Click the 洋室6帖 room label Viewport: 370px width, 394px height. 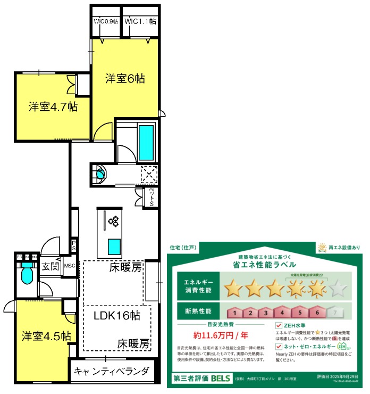point(125,79)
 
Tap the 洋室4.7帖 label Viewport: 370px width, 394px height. point(53,107)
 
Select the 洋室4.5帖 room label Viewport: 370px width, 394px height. point(46,336)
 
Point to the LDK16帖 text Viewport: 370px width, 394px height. point(117,315)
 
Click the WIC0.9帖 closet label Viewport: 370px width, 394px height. point(105,22)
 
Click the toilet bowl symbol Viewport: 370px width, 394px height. point(27,276)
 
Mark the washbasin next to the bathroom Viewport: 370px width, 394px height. point(99,173)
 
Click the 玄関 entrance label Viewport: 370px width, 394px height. point(51,266)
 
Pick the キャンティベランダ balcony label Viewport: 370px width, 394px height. point(112,371)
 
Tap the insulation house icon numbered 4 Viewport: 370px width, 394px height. point(283,313)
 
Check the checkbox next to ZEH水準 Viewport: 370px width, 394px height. point(279,325)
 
